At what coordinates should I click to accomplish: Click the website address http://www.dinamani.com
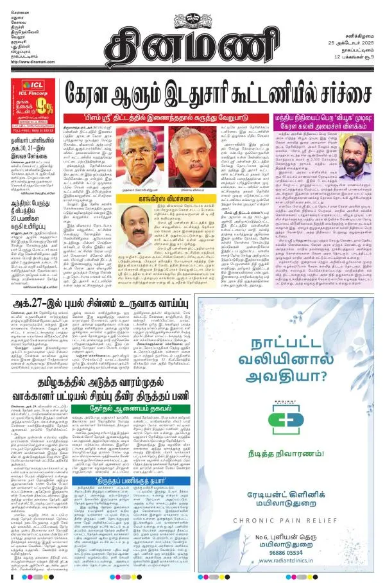point(31,62)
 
